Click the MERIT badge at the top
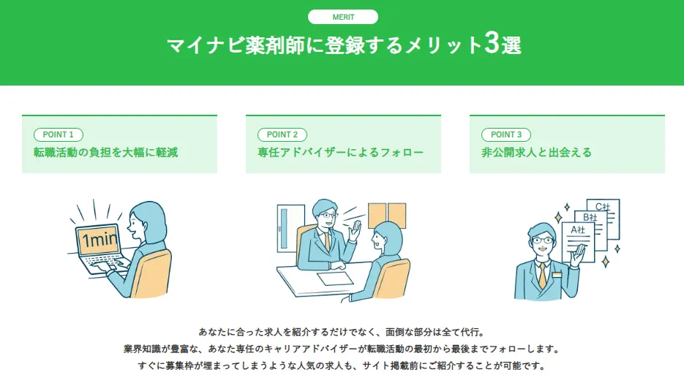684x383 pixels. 343,17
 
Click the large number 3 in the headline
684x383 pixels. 491,43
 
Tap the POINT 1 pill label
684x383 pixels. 59,134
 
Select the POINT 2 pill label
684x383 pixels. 282,134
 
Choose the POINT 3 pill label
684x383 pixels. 506,134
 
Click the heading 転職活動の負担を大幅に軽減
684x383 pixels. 105,153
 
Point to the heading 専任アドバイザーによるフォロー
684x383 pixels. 340,153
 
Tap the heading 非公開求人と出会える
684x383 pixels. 536,153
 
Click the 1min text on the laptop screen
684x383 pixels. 99,240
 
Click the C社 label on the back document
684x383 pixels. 602,206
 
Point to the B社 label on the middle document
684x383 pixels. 590,217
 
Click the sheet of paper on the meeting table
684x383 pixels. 335,278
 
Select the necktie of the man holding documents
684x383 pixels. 542,275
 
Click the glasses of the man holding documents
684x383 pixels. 542,240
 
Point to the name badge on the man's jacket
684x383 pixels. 557,275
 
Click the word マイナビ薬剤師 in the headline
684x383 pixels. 236,45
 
